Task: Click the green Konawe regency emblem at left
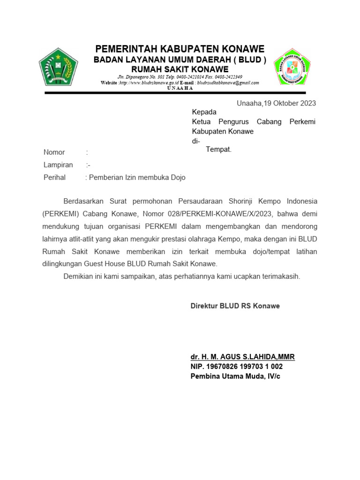tap(58, 67)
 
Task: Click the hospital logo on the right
tap(292, 67)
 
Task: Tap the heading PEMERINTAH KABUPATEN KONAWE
tap(180, 49)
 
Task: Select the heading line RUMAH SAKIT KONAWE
tap(180, 69)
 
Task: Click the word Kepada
tap(204, 112)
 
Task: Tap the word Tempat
tap(218, 150)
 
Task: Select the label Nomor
tap(54, 152)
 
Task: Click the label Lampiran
tap(58, 165)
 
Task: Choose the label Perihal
tap(54, 178)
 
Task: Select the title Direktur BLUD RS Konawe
tap(235, 306)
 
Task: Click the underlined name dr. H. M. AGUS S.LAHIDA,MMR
tap(242, 357)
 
